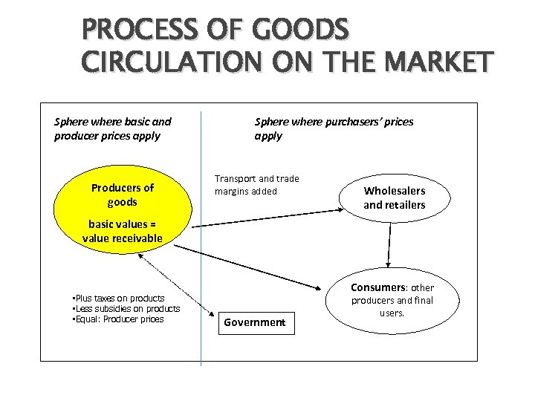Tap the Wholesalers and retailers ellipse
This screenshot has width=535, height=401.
tap(394, 198)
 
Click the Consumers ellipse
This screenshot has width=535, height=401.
tap(392, 301)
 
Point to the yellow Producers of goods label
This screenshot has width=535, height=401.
tap(122, 195)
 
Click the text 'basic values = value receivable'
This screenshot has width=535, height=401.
tap(122, 231)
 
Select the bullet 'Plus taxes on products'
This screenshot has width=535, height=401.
tap(117, 299)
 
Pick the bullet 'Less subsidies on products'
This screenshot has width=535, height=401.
tap(125, 309)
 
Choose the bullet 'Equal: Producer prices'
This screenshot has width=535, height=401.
tap(117, 319)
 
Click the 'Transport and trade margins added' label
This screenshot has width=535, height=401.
tap(256, 185)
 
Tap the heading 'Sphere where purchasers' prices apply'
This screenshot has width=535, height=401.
tap(334, 128)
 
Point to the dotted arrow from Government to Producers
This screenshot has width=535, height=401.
tap(182, 286)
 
